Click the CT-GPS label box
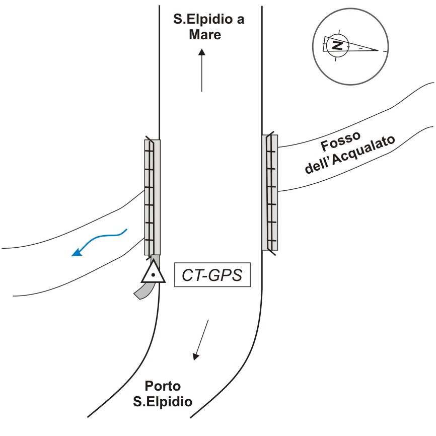coord(212,274)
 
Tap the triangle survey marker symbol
coord(153,272)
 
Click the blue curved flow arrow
coord(99,242)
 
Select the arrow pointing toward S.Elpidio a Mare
coord(202,70)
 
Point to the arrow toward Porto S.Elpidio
coord(200,340)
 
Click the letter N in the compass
coord(337,45)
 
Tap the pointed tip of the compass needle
coord(378,50)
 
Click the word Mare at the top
coord(205,34)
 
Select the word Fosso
coord(341,141)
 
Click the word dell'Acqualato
coord(350,155)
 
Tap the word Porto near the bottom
coord(163,386)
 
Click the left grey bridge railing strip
coord(153,197)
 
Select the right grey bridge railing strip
coord(270,192)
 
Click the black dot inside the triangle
coord(153,275)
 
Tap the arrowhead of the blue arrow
coord(77,252)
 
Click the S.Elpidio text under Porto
coord(163,402)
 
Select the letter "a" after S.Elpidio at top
coord(241,20)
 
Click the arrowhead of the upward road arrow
coord(202,52)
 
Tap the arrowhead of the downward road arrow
coord(196,357)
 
